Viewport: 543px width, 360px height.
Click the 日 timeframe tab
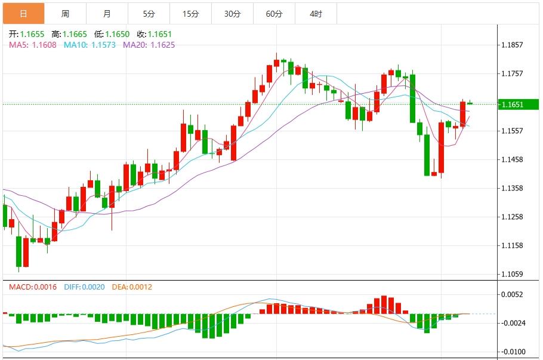coord(23,13)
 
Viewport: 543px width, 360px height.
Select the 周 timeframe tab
coord(65,13)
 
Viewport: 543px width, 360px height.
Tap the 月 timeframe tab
coord(107,13)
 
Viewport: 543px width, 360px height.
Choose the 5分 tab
coord(149,13)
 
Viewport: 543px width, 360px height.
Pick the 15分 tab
coord(190,13)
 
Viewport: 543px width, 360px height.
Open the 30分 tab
coord(232,13)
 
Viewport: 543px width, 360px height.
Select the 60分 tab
coord(274,13)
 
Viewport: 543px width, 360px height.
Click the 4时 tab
coord(316,13)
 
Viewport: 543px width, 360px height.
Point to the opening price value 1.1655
coord(32,35)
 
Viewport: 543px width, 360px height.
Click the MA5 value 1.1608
coord(45,45)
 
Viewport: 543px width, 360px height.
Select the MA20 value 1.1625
coord(162,45)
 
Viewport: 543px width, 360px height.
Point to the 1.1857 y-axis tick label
coord(513,45)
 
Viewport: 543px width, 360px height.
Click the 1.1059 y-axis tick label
coord(513,274)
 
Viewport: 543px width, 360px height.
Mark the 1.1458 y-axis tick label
coord(513,159)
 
